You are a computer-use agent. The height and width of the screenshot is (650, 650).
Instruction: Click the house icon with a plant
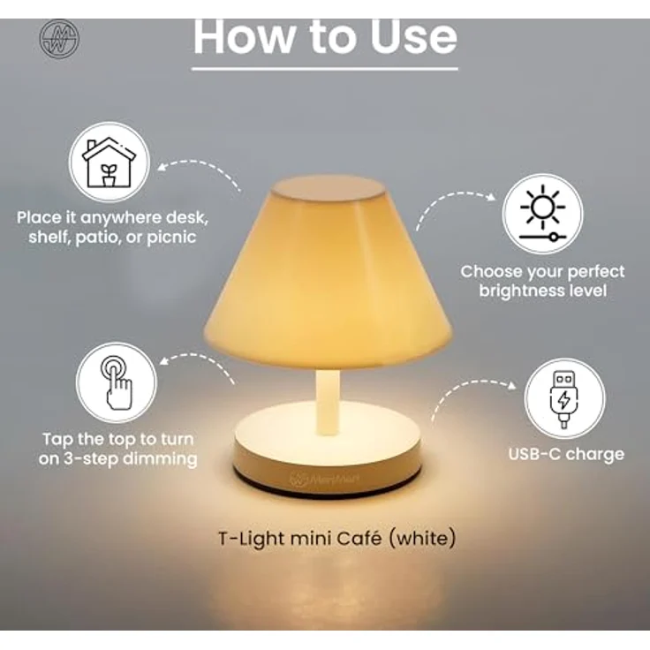coord(109,162)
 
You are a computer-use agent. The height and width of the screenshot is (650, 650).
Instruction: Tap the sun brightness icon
coord(542,215)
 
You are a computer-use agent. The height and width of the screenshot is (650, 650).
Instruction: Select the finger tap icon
coord(117,382)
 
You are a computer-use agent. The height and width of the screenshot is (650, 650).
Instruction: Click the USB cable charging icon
coord(563,399)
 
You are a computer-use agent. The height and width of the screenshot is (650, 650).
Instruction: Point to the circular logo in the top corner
coord(60,39)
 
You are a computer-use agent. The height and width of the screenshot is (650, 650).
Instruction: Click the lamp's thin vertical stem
coord(328,402)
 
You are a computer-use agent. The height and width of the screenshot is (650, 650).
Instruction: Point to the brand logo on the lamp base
coord(324,480)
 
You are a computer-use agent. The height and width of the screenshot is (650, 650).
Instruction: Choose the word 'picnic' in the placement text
coord(171,238)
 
